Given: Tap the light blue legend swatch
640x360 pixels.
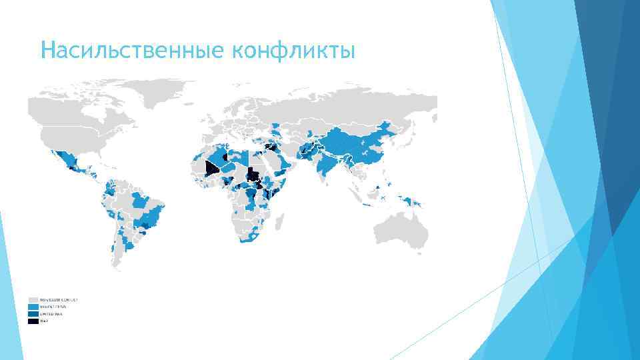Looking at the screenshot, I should pos(33,307).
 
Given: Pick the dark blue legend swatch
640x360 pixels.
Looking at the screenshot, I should pos(33,314).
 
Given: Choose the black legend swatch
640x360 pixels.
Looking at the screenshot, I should pos(33,321).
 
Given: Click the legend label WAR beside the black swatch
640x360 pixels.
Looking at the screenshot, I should pos(44,321).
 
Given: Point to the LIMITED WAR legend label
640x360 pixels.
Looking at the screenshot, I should pos(51,314).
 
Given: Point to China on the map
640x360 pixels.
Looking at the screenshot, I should pos(353,150).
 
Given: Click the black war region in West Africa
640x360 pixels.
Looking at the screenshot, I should pos(212,167).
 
